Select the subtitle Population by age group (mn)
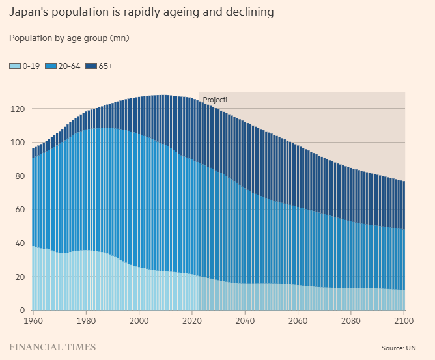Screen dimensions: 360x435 pos(69,38)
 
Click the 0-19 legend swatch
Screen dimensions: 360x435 pos(15,66)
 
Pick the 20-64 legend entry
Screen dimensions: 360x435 pos(65,66)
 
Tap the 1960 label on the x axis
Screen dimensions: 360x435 pos(33,321)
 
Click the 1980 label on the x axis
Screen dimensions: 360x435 pos(86,321)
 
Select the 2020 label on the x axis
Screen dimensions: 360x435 pos(191,321)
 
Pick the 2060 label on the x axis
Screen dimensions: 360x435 pos(298,321)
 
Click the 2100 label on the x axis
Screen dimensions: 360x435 pos(404,321)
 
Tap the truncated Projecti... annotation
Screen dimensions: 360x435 pos(218,100)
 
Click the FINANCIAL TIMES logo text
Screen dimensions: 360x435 pos(52,347)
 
